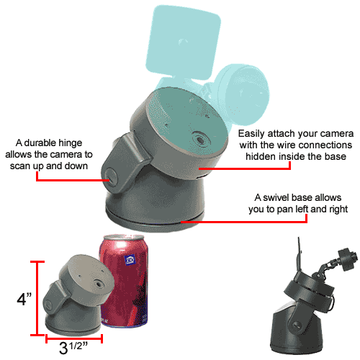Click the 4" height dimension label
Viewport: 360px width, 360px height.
24,300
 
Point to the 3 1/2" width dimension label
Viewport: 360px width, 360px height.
73,348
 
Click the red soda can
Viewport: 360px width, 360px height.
124,281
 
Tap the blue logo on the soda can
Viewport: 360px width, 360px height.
130,260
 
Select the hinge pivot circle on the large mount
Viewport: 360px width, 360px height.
110,177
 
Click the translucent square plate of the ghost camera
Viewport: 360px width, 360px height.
184,42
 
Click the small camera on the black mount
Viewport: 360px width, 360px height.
348,259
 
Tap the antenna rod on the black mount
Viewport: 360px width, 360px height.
300,254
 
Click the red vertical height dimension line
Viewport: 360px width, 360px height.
37,298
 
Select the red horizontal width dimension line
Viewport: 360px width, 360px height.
74,338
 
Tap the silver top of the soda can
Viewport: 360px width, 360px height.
124,238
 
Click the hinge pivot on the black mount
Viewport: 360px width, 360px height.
297,325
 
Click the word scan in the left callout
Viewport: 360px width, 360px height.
19,166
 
